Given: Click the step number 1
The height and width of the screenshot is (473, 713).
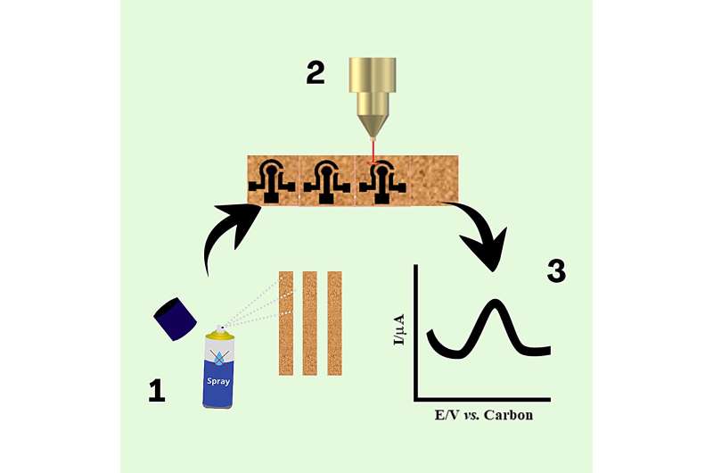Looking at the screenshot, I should click(x=157, y=390).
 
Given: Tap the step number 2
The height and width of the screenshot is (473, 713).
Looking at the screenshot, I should click(x=316, y=72).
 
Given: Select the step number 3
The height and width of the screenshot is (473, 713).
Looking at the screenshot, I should click(x=555, y=270).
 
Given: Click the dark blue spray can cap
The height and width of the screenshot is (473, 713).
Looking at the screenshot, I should click(x=176, y=319).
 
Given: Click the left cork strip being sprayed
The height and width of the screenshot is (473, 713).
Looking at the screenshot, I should click(x=286, y=323).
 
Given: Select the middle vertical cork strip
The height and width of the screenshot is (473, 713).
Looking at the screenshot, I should click(x=310, y=323).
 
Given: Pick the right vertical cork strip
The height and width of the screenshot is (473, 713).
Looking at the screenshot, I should click(x=334, y=323).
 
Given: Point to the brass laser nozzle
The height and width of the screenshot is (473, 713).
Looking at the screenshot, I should click(x=373, y=94).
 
